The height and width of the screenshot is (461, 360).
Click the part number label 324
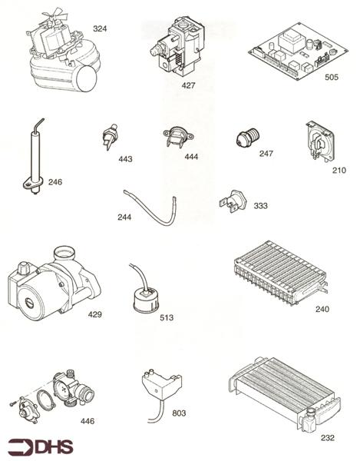pos(100,28)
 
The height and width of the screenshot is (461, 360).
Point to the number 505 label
pos(332,77)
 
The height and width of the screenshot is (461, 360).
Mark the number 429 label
pos(94,314)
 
